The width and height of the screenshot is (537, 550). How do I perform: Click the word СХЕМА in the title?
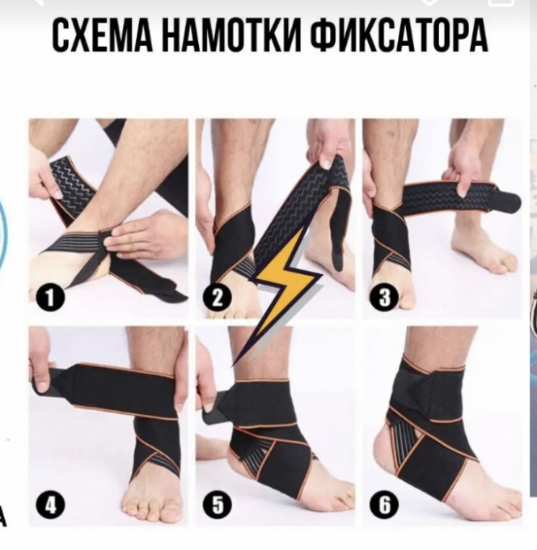click(x=103, y=35)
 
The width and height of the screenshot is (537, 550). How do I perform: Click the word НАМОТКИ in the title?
click(x=231, y=35)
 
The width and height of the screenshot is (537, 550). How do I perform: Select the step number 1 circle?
click(x=51, y=297)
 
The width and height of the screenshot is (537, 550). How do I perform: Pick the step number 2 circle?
click(x=218, y=297)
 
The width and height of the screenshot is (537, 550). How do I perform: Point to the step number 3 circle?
click(x=384, y=297)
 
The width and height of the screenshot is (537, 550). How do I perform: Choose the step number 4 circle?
click(x=51, y=505)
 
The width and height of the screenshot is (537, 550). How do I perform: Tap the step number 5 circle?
click(x=218, y=505)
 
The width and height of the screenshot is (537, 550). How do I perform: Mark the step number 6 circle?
click(x=384, y=505)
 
